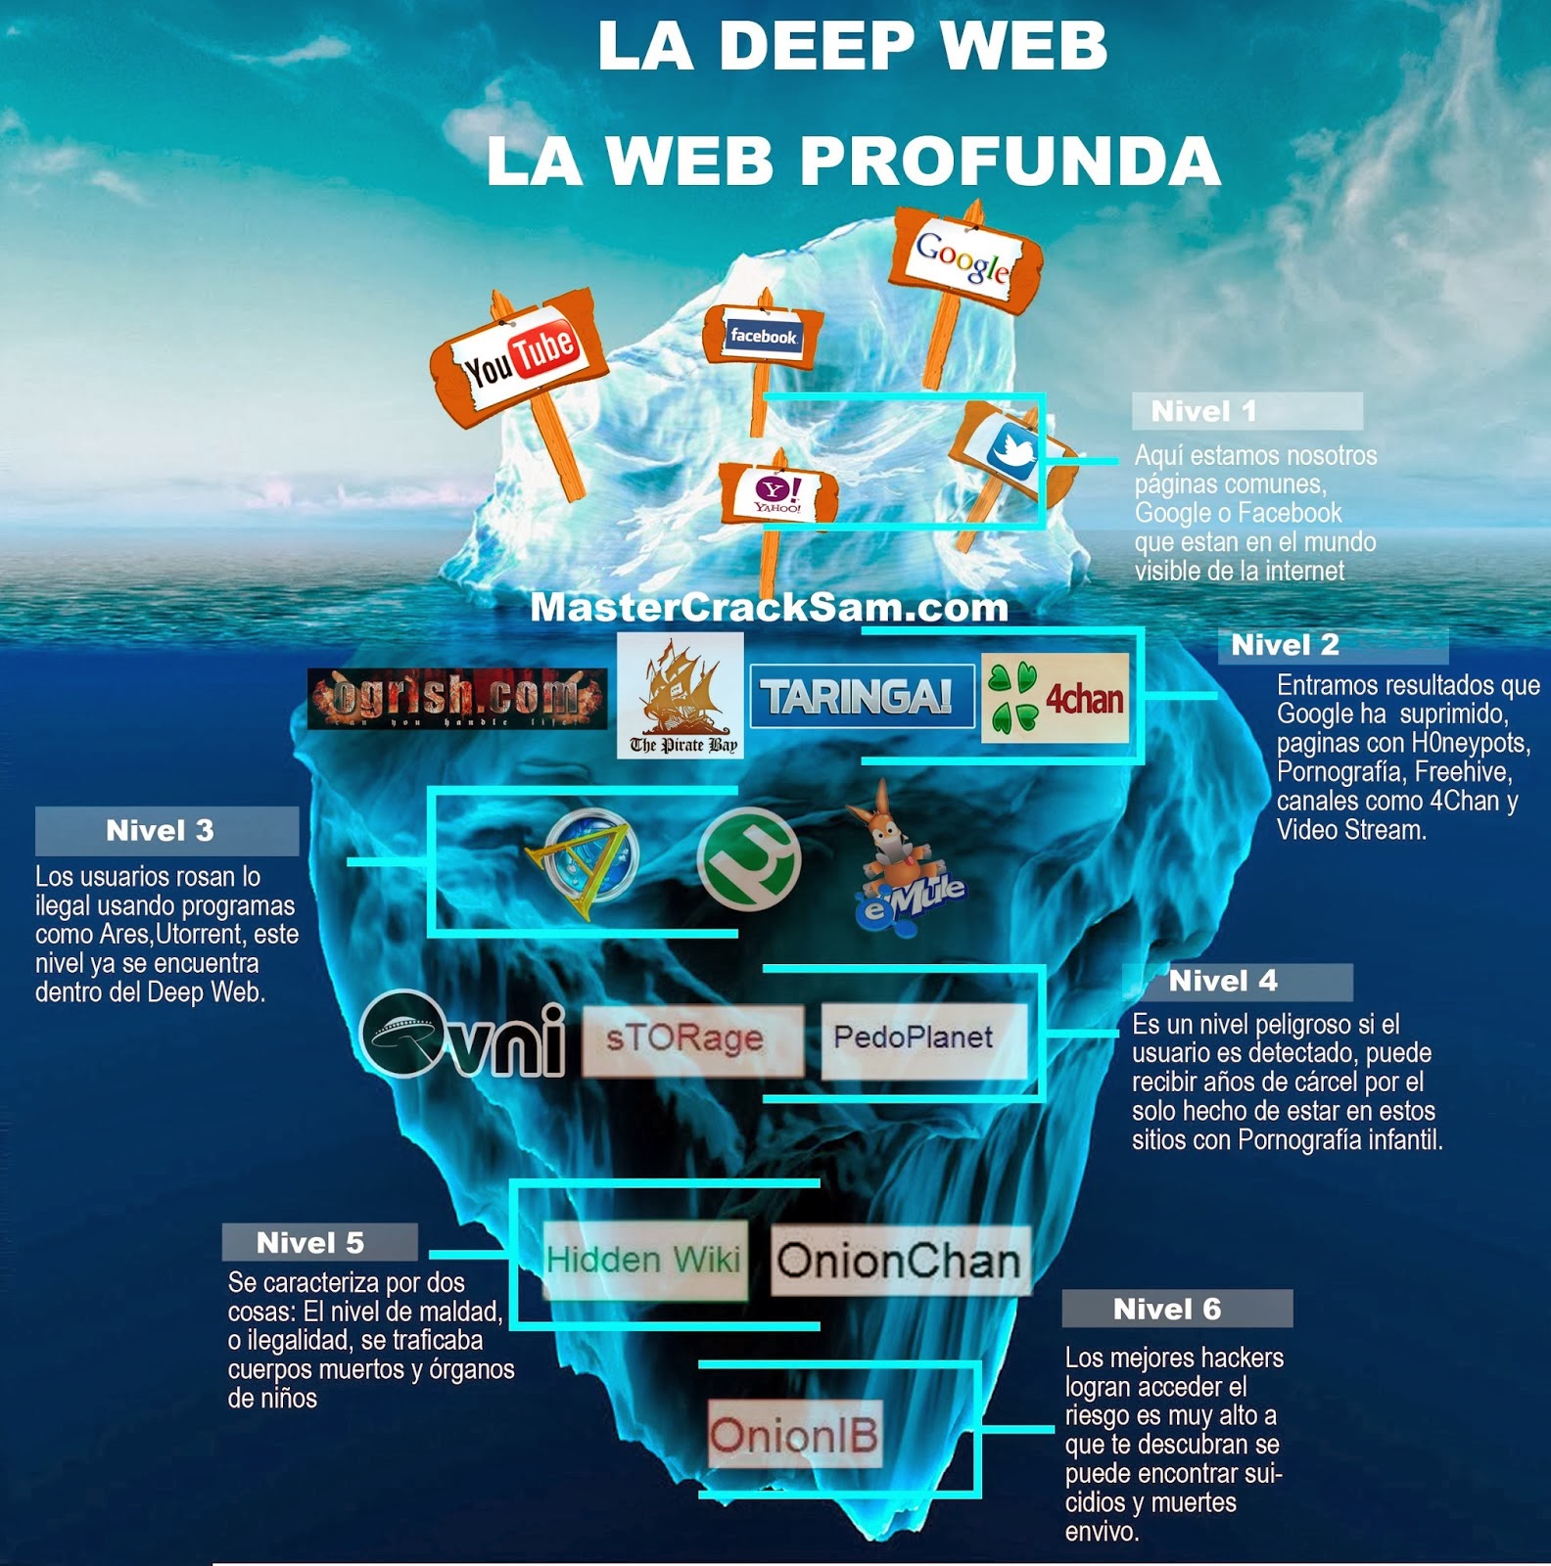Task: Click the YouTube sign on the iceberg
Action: click(519, 358)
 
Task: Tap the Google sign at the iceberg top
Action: click(963, 256)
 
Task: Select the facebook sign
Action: click(763, 336)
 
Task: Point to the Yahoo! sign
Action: click(778, 493)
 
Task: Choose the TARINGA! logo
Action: click(862, 696)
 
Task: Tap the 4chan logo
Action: click(1056, 698)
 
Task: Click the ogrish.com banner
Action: click(457, 699)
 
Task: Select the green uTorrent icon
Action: click(749, 859)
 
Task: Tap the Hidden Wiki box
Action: click(644, 1260)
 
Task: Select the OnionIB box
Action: click(795, 1435)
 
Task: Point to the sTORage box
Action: click(693, 1039)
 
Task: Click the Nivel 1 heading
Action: click(1203, 411)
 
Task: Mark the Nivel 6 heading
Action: click(1167, 1309)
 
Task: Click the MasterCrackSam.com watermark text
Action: click(770, 607)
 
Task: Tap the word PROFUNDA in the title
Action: click(1011, 161)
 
